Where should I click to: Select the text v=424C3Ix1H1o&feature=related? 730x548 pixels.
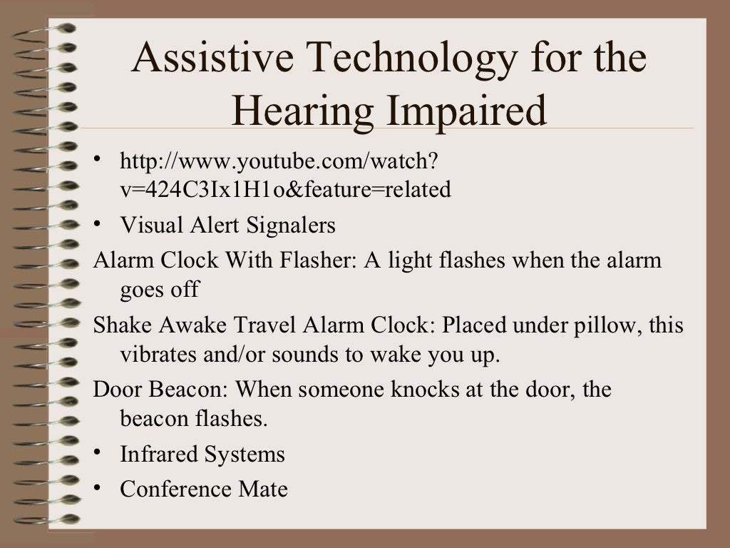pos(285,190)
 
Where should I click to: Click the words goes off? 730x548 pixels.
pos(160,290)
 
